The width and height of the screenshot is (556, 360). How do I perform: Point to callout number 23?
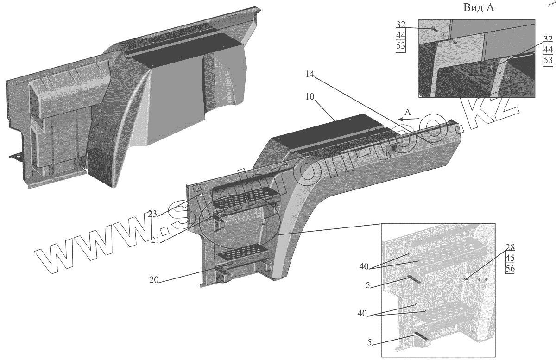click(153, 214)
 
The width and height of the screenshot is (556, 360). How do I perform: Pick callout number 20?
click(154, 280)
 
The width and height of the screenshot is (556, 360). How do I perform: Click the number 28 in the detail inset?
click(510, 247)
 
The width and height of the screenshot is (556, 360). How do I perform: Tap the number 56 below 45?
click(510, 269)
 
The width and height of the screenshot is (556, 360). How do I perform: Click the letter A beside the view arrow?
click(407, 112)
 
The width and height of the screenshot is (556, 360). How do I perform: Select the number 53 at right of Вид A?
click(548, 60)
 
